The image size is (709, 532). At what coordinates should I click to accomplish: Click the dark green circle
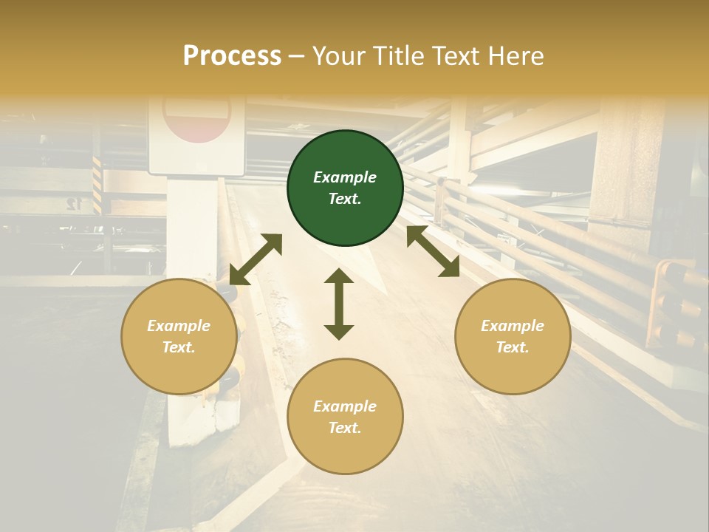pos(345,188)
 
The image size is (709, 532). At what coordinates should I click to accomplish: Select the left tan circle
pos(179,337)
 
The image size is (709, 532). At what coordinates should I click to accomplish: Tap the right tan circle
pos(513,337)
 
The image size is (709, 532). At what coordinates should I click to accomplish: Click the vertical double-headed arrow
pos(339,304)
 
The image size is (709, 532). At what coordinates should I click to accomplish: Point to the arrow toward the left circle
pos(256,259)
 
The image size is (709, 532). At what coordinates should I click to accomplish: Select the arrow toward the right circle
pos(433,251)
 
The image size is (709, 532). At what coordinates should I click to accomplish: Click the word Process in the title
pos(232,55)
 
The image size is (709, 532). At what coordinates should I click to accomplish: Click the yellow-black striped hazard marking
pos(97,185)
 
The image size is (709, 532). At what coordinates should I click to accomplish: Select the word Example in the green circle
pos(345,177)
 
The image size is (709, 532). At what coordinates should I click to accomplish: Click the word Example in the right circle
pos(513,326)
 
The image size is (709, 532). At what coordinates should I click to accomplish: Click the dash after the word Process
pos(297,56)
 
